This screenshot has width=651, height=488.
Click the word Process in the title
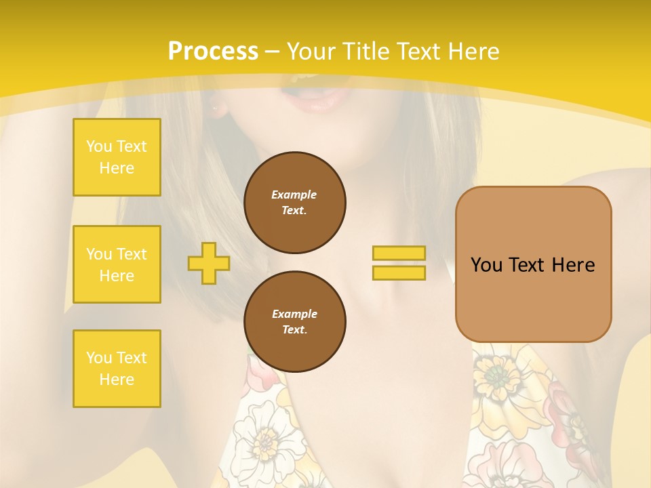[213, 52]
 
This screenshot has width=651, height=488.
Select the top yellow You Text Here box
[117, 157]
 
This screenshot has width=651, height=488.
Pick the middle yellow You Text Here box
[117, 264]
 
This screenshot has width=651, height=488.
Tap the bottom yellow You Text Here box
[117, 369]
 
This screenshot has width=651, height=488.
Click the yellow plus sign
[209, 263]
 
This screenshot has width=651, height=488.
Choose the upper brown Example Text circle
[294, 203]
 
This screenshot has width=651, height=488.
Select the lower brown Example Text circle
[294, 322]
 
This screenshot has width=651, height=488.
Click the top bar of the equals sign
[399, 253]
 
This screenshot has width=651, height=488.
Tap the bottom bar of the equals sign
[399, 272]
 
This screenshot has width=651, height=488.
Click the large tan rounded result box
[533, 264]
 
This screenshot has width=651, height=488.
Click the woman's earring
[216, 107]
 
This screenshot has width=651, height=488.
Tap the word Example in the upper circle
[294, 195]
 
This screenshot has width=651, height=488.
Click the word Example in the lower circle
[294, 314]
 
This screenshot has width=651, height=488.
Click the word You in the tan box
[486, 265]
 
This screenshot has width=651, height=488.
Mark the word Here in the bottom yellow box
[117, 380]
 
